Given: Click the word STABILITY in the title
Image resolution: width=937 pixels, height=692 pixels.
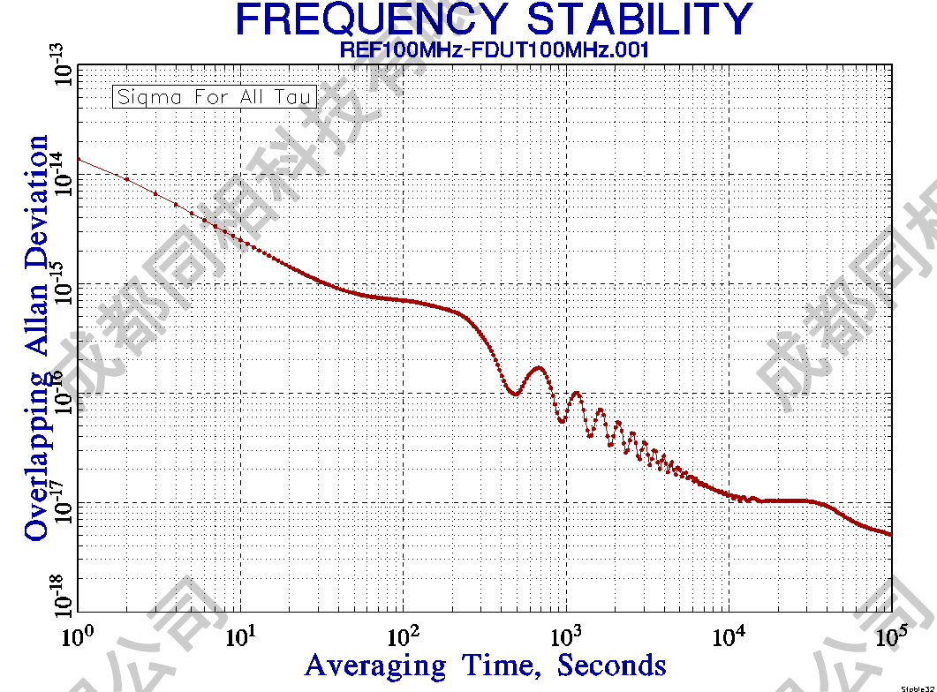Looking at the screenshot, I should pyautogui.click(x=632, y=19).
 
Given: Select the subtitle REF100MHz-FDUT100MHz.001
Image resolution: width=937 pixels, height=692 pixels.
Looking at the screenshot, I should pyautogui.click(x=495, y=50).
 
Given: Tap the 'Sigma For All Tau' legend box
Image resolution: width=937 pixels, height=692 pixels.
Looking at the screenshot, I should pyautogui.click(x=214, y=96).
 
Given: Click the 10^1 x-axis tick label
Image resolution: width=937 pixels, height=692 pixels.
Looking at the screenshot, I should pyautogui.click(x=240, y=633).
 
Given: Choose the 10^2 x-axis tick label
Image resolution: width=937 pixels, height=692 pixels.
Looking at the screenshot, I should pyautogui.click(x=403, y=633).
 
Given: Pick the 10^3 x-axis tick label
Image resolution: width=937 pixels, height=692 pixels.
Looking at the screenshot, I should pyautogui.click(x=565, y=633).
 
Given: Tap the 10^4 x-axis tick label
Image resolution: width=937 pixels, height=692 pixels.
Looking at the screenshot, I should pyautogui.click(x=728, y=633).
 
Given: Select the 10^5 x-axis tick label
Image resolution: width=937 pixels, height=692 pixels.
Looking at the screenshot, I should pyautogui.click(x=889, y=633).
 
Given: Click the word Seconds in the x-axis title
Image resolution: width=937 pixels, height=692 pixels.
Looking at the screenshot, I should pyautogui.click(x=611, y=664).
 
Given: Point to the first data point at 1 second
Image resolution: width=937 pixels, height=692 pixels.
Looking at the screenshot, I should pyautogui.click(x=79, y=159).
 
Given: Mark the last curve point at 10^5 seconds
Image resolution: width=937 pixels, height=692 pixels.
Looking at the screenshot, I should pyautogui.click(x=890, y=534).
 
